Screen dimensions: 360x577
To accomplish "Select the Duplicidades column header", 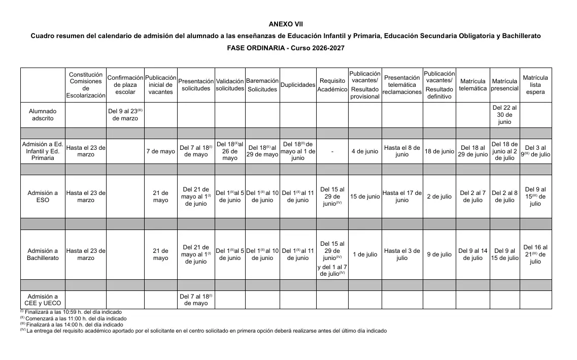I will (x=298, y=85).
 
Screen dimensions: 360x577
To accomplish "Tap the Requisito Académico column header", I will (x=332, y=85).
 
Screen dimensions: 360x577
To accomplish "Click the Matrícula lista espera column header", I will (x=535, y=85).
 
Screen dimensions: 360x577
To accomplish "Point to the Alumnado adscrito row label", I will (x=43, y=115).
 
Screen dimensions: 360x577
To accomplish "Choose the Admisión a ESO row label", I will (x=43, y=197).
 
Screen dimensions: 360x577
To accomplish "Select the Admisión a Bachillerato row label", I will (x=43, y=254).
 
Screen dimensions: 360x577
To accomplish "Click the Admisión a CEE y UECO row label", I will (x=43, y=300).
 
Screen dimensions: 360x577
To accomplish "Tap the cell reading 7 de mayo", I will (x=160, y=151).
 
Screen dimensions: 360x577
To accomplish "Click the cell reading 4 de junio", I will (x=364, y=151).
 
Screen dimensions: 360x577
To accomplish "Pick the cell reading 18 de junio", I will (x=439, y=151).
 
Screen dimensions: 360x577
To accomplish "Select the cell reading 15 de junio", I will (x=364, y=197).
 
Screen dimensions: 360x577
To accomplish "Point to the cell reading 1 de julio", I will (x=364, y=254).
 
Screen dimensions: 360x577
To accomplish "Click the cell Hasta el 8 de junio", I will (x=402, y=151).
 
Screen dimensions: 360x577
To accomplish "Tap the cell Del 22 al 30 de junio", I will (x=504, y=115).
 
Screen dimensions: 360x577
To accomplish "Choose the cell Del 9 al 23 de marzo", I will (x=125, y=115).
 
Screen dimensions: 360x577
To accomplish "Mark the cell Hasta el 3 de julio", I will (x=402, y=254).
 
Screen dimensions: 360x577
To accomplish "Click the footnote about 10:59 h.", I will (x=71, y=312).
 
